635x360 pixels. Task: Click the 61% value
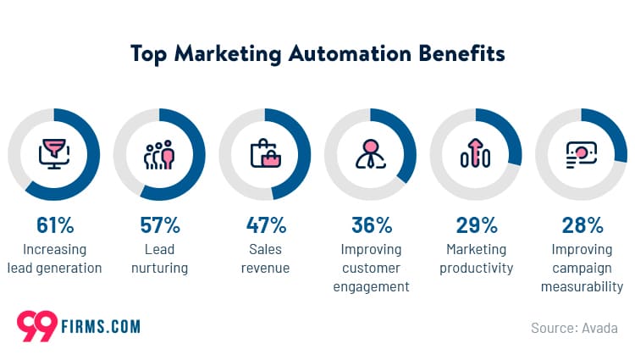point(55,225)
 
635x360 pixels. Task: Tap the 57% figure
point(160,225)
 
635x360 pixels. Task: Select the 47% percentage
point(265,225)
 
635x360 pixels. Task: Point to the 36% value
point(372,225)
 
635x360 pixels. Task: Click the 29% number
point(477,225)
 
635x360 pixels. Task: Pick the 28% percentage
point(583,225)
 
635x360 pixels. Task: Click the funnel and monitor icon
point(55,154)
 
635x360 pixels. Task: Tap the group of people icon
point(159,154)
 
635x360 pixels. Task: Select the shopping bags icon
point(265,154)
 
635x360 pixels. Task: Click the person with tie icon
point(371,154)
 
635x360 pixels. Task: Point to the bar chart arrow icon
point(476,154)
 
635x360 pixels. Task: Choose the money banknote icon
point(582,154)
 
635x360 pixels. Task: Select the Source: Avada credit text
point(574,327)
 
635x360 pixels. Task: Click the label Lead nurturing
point(160,258)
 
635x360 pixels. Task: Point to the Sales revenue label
point(265,258)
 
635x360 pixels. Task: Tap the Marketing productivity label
point(476,258)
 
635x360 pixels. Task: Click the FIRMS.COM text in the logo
point(101,326)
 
